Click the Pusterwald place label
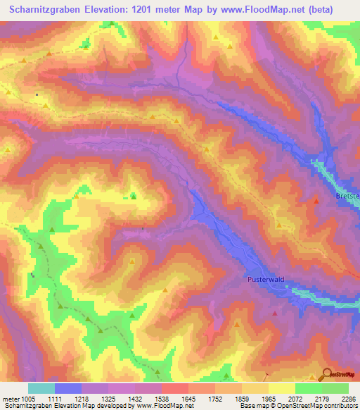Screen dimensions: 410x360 click(x=266, y=280)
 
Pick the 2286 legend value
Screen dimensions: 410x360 click(x=348, y=398)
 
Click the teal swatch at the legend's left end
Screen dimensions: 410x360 click(x=41, y=388)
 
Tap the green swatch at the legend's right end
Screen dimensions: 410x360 click(x=335, y=388)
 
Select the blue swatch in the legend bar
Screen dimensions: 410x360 click(x=68, y=388)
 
